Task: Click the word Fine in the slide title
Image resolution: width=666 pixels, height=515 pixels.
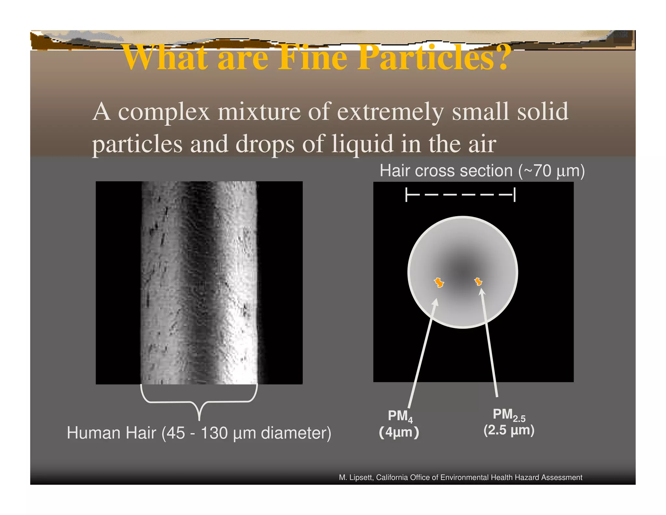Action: point(313,58)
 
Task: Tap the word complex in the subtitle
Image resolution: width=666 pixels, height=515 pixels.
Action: point(164,112)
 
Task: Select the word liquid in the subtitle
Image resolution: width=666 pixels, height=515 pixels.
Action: point(362,144)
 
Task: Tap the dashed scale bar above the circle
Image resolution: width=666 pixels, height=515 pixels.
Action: point(460,195)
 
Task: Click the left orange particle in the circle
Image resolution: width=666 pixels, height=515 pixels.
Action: point(439,282)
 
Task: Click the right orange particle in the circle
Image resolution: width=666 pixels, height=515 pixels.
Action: point(478,281)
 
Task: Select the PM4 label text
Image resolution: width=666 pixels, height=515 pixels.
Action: point(400,416)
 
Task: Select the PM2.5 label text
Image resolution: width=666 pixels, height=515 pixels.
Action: point(509,415)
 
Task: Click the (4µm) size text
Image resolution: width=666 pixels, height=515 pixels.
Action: point(399,432)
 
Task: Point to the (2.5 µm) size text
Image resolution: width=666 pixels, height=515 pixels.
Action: point(509,430)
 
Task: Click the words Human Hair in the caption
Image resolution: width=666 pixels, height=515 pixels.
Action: point(112,433)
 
